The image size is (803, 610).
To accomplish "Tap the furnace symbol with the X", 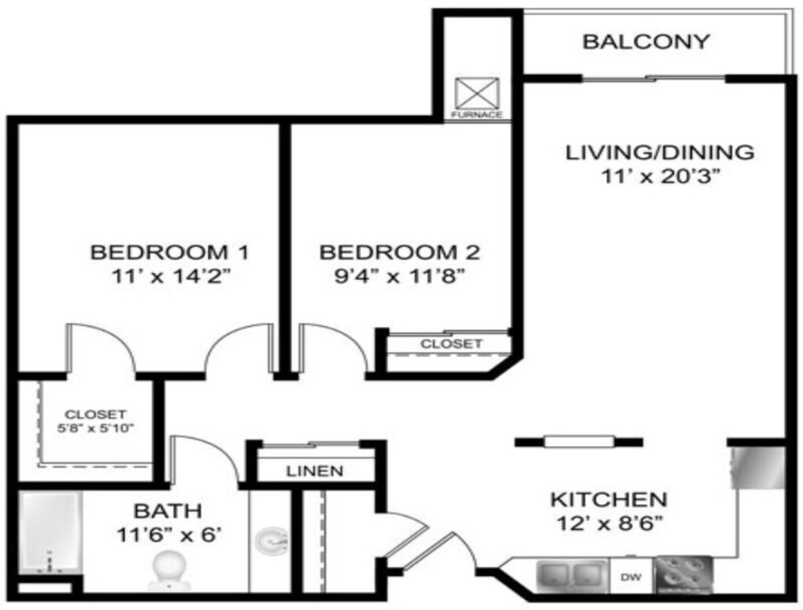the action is pyautogui.click(x=477, y=93).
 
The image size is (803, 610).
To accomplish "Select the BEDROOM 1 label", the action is pyautogui.click(x=170, y=252).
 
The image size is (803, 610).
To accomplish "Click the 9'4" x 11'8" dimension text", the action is pyautogui.click(x=400, y=276).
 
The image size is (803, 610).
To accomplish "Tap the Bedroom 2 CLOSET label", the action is pyautogui.click(x=451, y=343).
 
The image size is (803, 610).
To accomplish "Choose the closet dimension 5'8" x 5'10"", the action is pyautogui.click(x=96, y=428).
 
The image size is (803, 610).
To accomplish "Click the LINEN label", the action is pyautogui.click(x=315, y=471).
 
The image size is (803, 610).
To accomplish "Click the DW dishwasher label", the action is pyautogui.click(x=631, y=577).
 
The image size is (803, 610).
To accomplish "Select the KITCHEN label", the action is pyautogui.click(x=609, y=500).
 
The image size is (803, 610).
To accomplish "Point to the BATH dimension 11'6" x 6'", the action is pyautogui.click(x=169, y=535).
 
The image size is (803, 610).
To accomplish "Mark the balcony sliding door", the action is pyautogui.click(x=653, y=78).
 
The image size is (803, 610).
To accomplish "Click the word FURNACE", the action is pyautogui.click(x=477, y=115).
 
